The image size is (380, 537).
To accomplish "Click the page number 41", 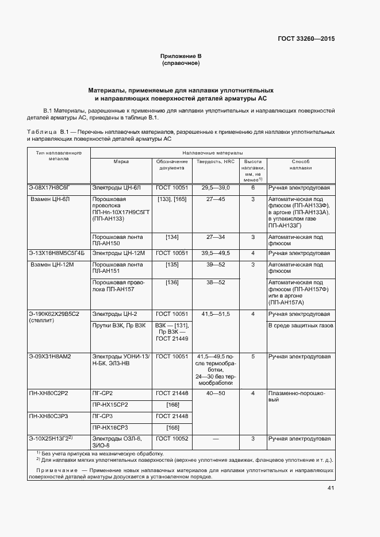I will click(x=331, y=488).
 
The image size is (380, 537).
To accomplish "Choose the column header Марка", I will click(x=121, y=162).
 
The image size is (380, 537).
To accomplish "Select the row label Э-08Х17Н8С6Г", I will click(x=49, y=188).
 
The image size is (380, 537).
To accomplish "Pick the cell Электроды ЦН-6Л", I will click(x=117, y=188).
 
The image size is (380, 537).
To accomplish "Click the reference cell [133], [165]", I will click(x=172, y=199).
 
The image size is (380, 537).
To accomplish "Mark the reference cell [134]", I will click(x=172, y=237).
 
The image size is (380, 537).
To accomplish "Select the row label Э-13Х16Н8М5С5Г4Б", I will click(x=56, y=253).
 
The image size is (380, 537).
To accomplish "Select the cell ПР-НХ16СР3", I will click(x=111, y=428).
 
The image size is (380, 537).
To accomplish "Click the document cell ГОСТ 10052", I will click(x=172, y=439).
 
